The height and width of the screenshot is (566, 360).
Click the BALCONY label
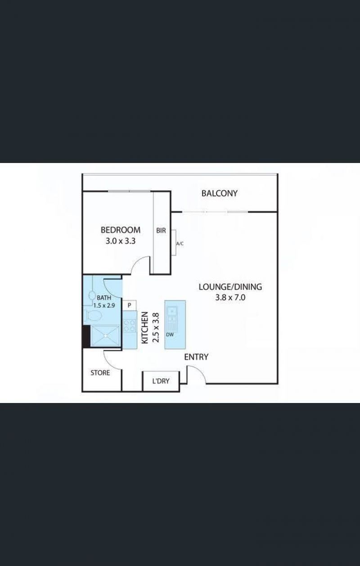220,193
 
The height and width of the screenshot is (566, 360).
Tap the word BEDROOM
121,230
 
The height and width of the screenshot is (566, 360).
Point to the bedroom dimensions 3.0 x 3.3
121,241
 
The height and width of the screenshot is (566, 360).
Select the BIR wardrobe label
161,231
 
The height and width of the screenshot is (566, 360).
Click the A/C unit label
180,244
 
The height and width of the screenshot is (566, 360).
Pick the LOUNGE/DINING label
230,287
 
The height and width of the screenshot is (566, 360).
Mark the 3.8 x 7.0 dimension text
230,297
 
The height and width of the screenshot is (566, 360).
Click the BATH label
104,298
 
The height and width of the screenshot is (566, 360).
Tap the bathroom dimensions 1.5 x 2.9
104,305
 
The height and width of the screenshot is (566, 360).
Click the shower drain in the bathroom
105,335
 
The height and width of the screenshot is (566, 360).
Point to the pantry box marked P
129,305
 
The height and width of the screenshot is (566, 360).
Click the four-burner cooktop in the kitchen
130,326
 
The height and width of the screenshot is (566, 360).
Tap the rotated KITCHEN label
144,328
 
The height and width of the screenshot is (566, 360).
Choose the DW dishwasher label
170,335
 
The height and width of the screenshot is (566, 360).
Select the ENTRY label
196,357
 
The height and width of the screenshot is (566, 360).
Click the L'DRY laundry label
161,381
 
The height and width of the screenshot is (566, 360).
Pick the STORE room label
100,373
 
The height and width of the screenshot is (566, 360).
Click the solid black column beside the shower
86,336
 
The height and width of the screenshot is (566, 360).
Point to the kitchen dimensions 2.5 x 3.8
156,328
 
